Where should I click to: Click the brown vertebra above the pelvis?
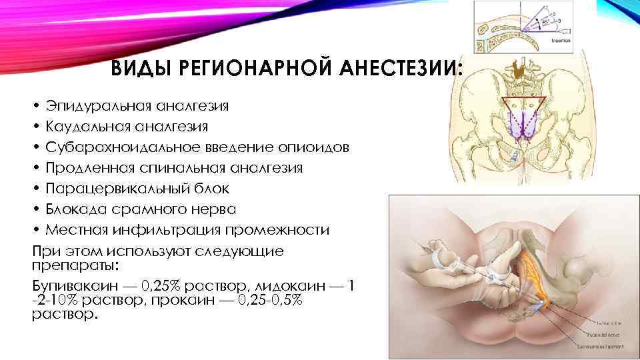[515, 69]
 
